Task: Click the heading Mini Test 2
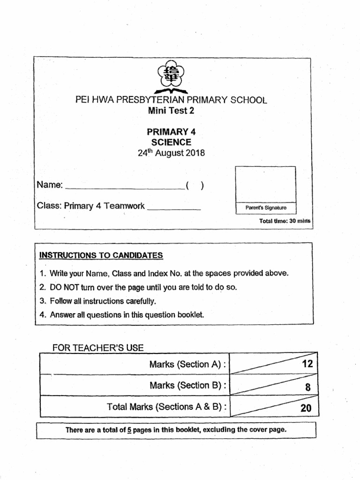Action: coord(171,111)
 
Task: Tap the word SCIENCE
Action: coord(171,142)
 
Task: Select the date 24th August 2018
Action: coord(171,153)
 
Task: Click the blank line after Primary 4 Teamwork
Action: coord(174,206)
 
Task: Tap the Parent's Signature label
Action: coord(266,208)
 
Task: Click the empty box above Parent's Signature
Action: coord(266,184)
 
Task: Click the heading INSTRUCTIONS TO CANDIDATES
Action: coord(101,255)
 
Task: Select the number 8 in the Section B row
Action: coord(307,387)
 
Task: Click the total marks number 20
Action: coord(306,408)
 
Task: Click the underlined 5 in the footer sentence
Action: coord(129,429)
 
